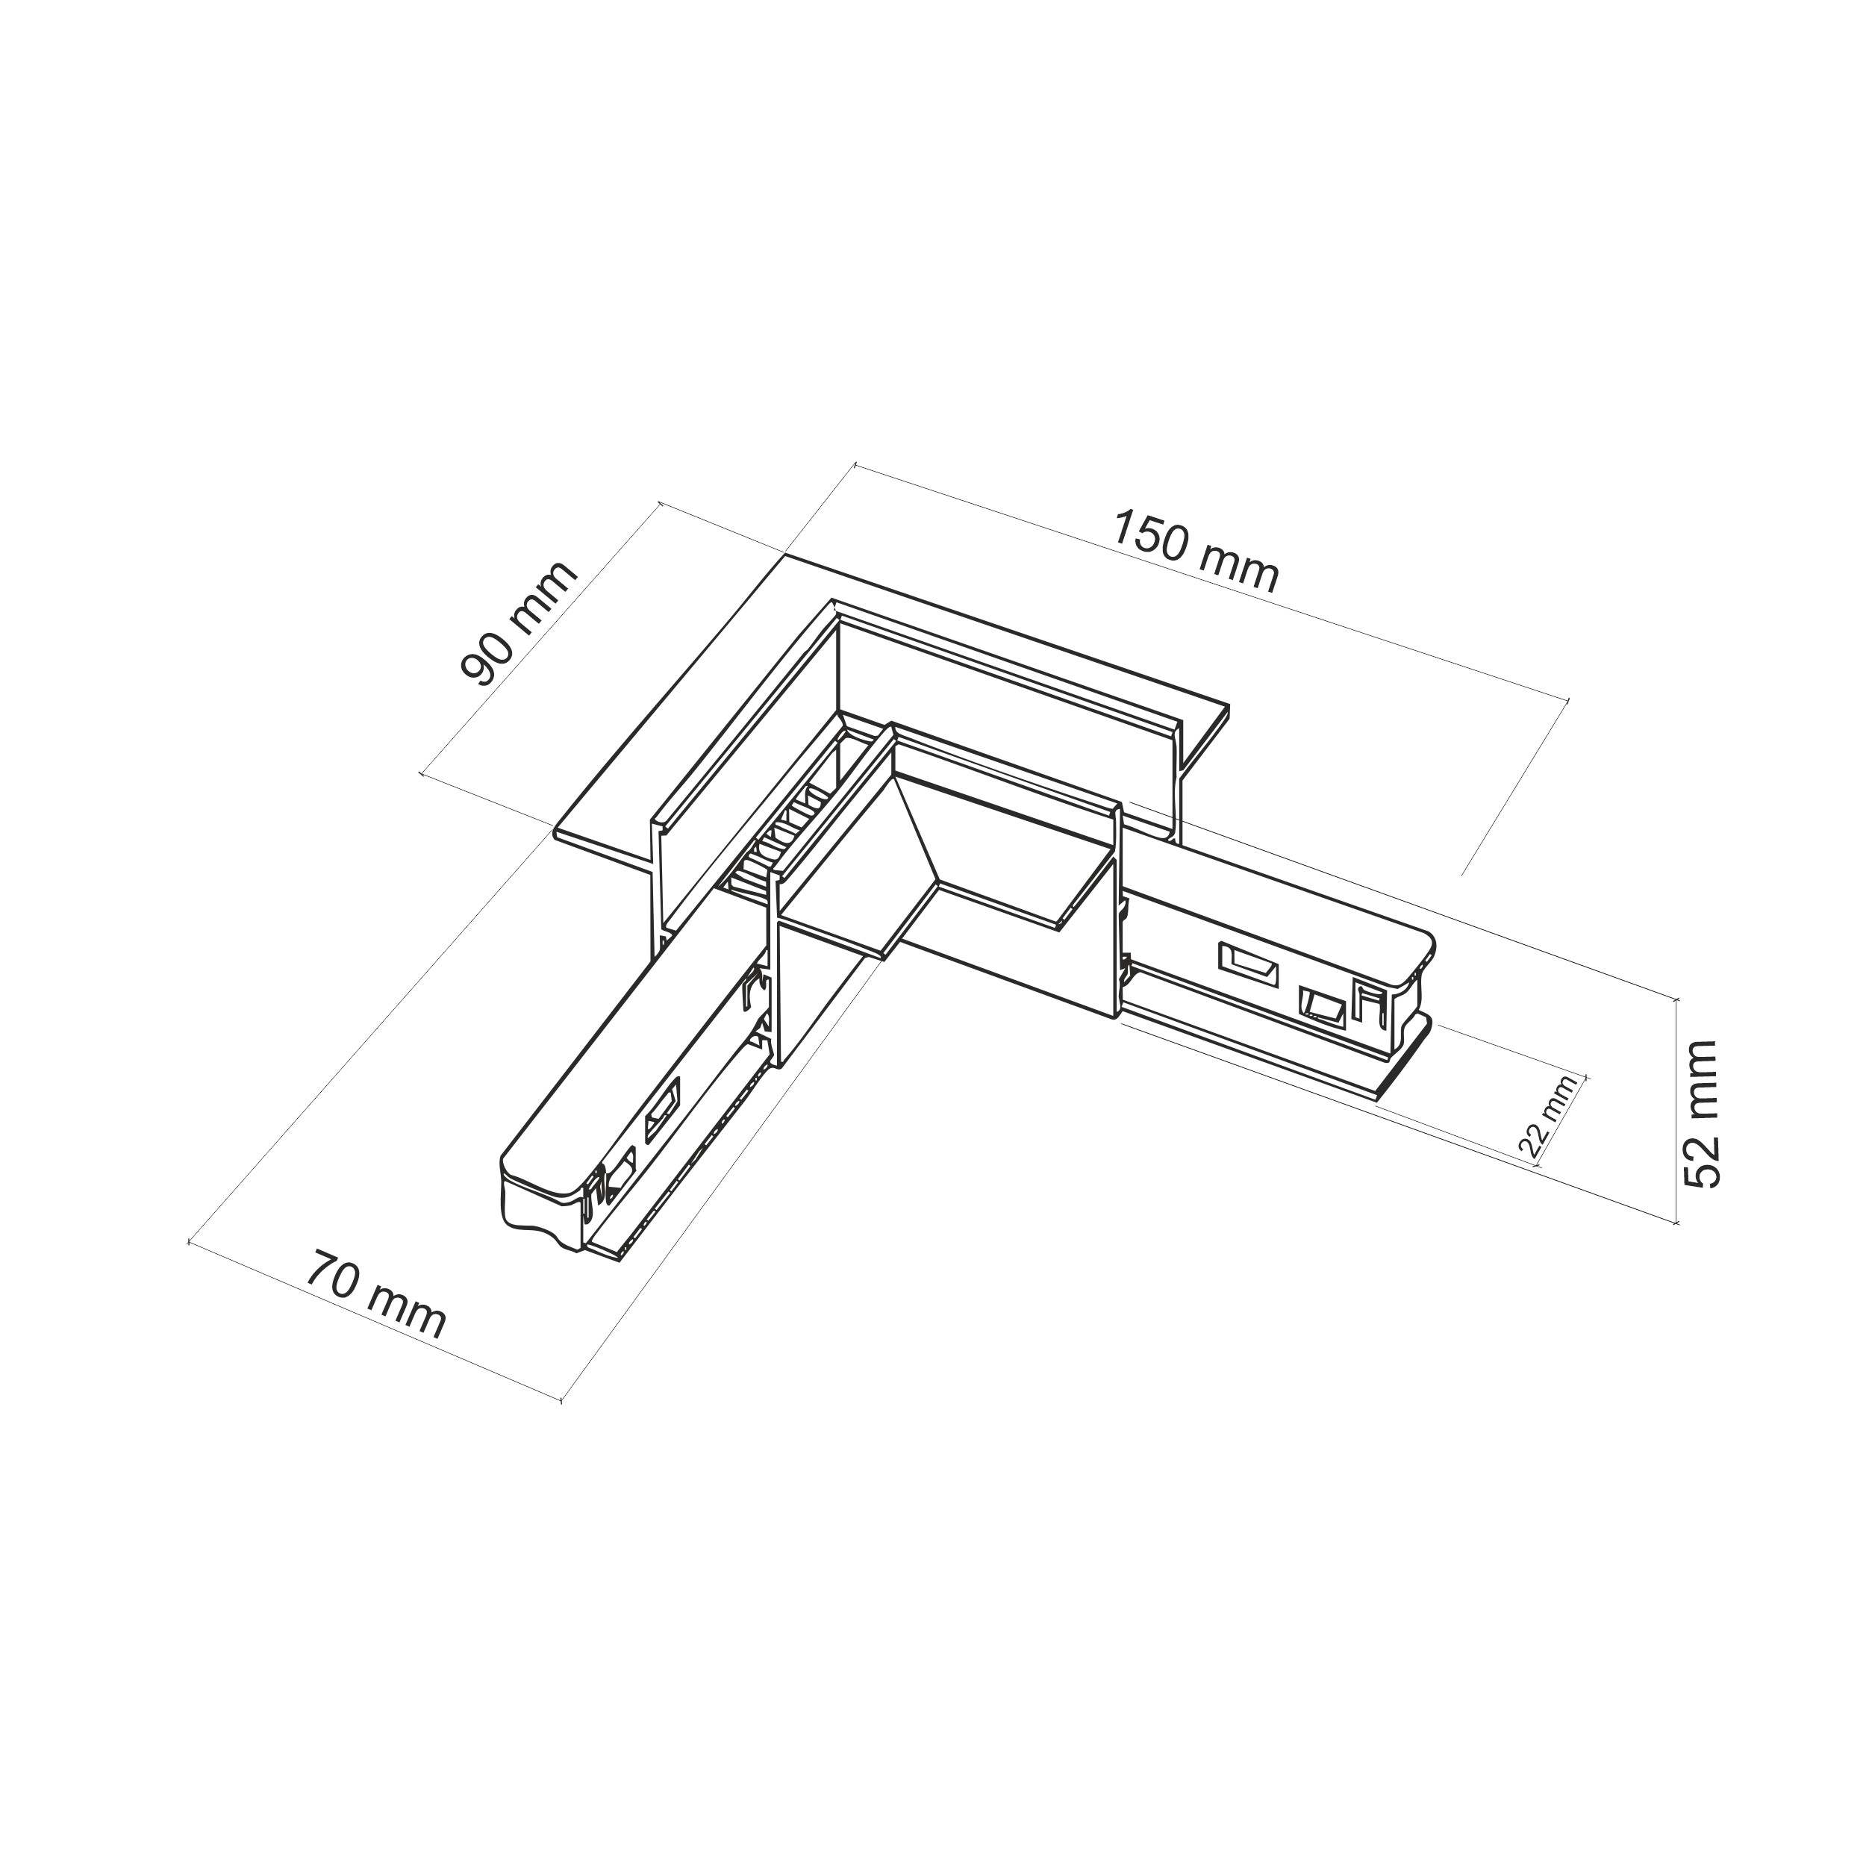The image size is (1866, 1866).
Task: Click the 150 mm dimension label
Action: pyautogui.click(x=1196, y=552)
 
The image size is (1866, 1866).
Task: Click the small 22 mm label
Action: pyautogui.click(x=1547, y=1117)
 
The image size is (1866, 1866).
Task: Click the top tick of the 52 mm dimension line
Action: pyautogui.click(x=1678, y=998)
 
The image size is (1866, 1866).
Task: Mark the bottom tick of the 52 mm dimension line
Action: pyautogui.click(x=1678, y=1223)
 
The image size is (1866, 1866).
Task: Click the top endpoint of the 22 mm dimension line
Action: pyautogui.click(x=1586, y=1074)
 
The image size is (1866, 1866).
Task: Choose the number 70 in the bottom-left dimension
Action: pyautogui.click(x=331, y=1273)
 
